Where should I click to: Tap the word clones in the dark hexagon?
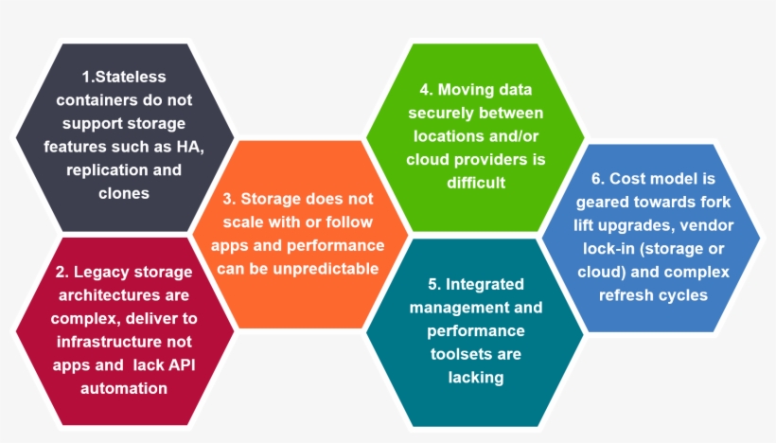124,193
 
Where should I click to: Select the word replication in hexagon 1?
103,170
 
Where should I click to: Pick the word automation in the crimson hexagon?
124,388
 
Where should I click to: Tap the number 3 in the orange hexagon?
227,199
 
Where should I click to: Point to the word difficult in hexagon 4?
477,182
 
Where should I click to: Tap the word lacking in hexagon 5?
475,377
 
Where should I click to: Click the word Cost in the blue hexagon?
628,178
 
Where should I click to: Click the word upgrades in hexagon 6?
656,224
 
